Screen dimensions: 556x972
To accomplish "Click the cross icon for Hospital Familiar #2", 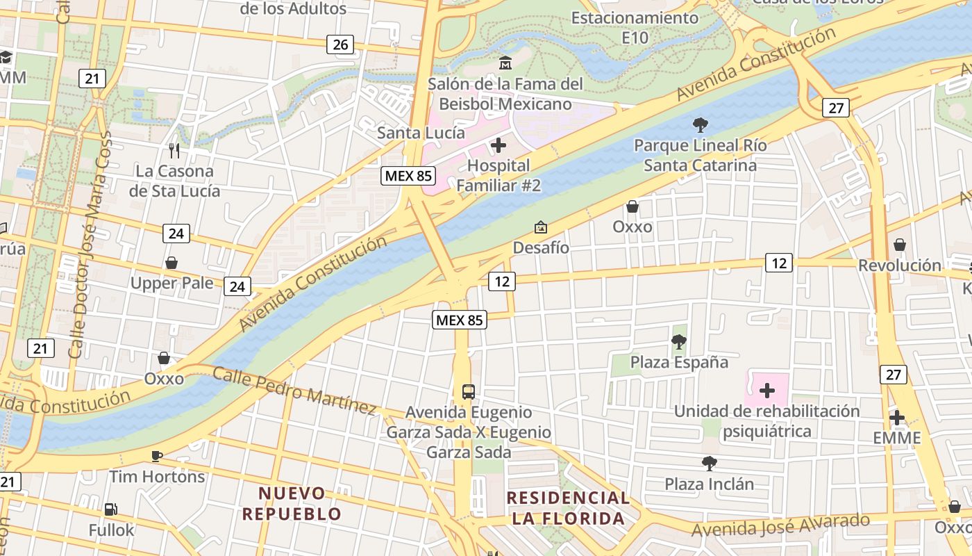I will tap(498, 145).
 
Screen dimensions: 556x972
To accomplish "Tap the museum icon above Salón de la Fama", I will tap(505, 63).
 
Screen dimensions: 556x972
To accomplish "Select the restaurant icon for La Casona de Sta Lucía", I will tap(174, 150).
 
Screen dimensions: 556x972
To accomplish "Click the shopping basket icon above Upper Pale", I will tap(171, 263).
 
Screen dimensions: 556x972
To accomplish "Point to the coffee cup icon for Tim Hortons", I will tap(157, 456).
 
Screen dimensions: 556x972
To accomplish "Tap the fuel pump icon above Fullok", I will tap(110, 509).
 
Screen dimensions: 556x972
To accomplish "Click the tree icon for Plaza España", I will tap(679, 341).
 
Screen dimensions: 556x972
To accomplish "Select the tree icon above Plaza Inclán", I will tap(709, 463).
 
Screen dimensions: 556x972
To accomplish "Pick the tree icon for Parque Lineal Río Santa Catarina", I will tap(701, 125).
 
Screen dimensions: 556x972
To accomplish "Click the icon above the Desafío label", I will tap(540, 227).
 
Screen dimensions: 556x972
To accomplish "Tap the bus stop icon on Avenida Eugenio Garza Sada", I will tap(469, 391).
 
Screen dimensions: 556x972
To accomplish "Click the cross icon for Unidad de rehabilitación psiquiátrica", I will tap(767, 391).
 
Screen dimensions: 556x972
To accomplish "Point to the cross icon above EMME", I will tap(897, 418).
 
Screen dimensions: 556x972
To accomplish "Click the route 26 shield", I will tap(340, 45).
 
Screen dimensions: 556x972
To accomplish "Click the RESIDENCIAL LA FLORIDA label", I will tap(568, 508).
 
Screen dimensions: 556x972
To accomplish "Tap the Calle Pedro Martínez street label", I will tap(294, 391).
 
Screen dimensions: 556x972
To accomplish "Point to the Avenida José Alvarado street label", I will tap(780, 525).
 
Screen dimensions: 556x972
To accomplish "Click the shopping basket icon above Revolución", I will tap(900, 245).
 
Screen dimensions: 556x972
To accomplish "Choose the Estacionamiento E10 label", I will tap(635, 27).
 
